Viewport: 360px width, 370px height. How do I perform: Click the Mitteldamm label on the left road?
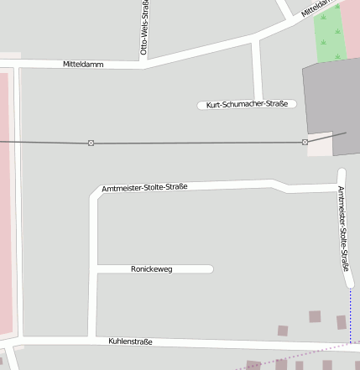pyautogui.click(x=83, y=64)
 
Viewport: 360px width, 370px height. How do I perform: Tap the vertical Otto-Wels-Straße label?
pyautogui.click(x=145, y=29)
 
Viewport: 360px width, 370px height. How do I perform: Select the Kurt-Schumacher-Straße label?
pyautogui.click(x=247, y=104)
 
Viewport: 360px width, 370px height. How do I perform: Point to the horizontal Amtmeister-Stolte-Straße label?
pyautogui.click(x=143, y=186)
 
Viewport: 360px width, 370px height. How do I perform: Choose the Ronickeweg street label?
pyautogui.click(x=152, y=269)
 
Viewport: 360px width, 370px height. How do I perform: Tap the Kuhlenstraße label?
pyautogui.click(x=130, y=341)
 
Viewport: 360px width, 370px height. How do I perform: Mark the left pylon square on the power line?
pyautogui.click(x=91, y=143)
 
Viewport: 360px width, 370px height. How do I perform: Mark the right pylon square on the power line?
pyautogui.click(x=305, y=142)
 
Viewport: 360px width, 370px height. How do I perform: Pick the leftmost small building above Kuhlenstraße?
pyautogui.click(x=283, y=331)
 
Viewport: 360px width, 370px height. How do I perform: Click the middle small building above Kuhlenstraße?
pyautogui.click(x=315, y=316)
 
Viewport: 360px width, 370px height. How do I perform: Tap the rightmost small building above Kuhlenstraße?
pyautogui.click(x=342, y=322)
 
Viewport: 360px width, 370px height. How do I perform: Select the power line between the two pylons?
pyautogui.click(x=197, y=143)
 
